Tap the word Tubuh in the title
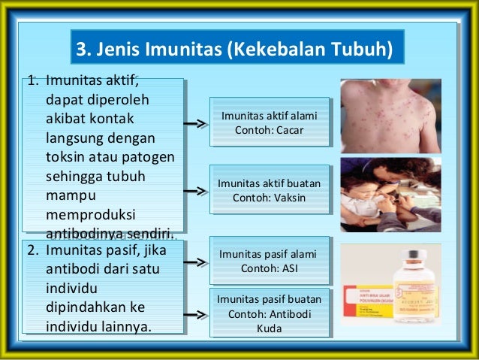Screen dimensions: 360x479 [360, 50]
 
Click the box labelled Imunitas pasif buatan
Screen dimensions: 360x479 [269, 313]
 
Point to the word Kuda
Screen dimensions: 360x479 [269, 328]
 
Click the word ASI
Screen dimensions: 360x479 [288, 268]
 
